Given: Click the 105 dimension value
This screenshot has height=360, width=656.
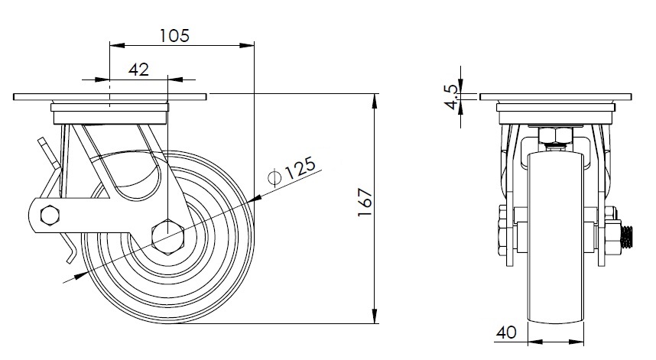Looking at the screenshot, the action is click(174, 35).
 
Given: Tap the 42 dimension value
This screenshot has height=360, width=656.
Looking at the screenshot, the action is click(138, 70).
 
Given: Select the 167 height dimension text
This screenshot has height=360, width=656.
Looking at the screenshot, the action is click(365, 203).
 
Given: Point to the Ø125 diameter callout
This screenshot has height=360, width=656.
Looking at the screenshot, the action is click(292, 171).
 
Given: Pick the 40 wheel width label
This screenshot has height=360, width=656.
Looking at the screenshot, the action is click(506, 332).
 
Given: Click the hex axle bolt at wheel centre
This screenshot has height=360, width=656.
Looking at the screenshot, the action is click(167, 236).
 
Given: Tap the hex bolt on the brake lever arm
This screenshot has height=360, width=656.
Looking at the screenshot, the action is click(50, 215).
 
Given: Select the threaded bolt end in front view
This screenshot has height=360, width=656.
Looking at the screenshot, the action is click(626, 237).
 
